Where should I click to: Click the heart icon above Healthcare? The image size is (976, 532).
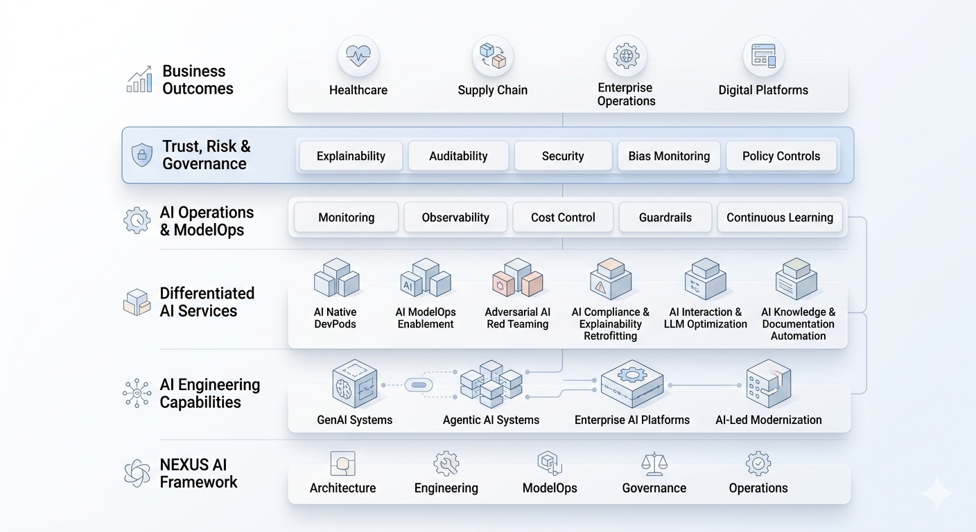[358, 56]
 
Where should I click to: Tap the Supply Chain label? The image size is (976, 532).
[492, 90]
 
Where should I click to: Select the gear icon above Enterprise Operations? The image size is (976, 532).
[626, 56]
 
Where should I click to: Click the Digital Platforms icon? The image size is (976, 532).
[763, 56]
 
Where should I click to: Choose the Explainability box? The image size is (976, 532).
[351, 156]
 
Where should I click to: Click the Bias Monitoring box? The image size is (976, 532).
[669, 156]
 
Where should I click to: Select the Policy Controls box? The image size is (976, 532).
[781, 156]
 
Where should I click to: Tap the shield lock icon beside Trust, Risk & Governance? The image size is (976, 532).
[142, 154]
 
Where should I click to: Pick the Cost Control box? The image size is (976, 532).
[563, 217]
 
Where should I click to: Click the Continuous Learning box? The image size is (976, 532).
[780, 217]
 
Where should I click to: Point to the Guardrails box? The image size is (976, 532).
[665, 217]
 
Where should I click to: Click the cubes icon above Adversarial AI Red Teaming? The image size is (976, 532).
[517, 278]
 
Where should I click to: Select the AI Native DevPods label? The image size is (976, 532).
[335, 318]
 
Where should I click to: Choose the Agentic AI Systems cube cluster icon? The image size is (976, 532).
[491, 383]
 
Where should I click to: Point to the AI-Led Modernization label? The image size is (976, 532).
[768, 420]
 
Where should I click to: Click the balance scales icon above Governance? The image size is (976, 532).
[654, 463]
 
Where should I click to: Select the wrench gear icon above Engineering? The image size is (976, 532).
[446, 463]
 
